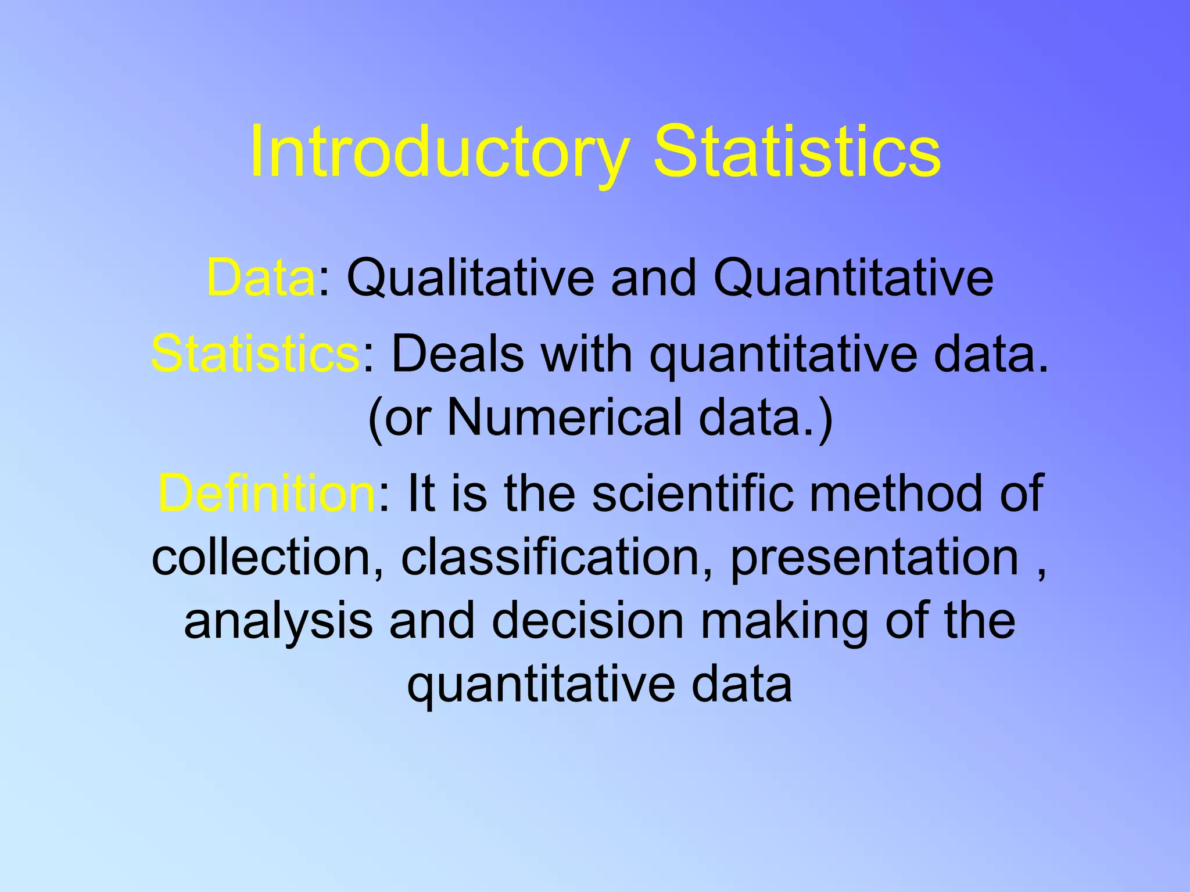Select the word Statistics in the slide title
pos(797,152)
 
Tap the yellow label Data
pos(260,278)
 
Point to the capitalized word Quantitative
pos(853,278)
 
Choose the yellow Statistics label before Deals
pos(256,353)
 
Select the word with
pos(587,353)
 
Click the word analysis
pos(278,621)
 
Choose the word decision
pos(588,620)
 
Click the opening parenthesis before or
pos(375,418)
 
